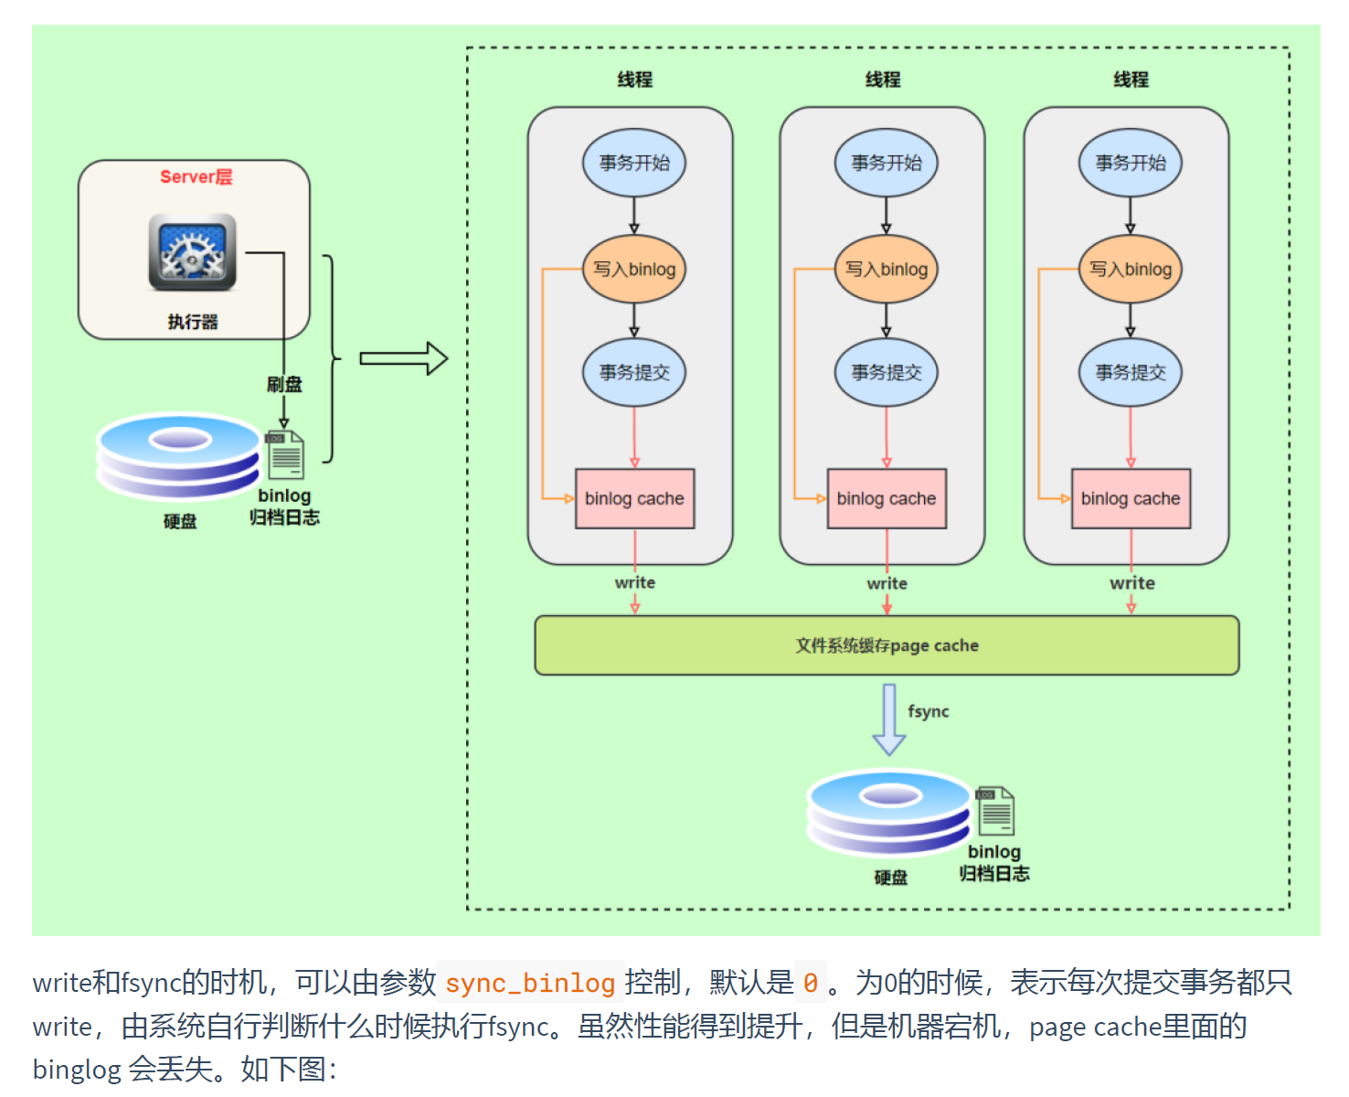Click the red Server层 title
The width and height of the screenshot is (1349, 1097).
point(196,176)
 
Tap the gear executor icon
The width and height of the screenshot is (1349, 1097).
point(193,252)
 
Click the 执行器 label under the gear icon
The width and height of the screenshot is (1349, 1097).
point(193,322)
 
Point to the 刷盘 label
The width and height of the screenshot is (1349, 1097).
point(284,384)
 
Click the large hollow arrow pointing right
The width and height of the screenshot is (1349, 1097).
point(403,358)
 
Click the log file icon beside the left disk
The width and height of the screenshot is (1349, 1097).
point(285,454)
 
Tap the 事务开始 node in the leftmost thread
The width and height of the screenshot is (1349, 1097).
point(634,163)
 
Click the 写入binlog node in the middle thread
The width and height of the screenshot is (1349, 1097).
point(886,269)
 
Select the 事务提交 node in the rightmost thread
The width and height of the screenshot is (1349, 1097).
point(1131,372)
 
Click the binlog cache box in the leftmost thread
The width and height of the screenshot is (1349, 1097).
point(634,498)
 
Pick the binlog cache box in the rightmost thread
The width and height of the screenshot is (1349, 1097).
point(1131,498)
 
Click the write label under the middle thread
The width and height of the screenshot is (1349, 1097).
point(887,583)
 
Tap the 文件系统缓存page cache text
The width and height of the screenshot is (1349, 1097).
point(887,645)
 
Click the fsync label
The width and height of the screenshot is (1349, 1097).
point(928,711)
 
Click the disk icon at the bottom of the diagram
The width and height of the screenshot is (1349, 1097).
point(889,813)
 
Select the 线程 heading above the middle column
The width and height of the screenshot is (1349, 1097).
point(883,80)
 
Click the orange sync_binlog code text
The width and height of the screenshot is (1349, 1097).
point(530,983)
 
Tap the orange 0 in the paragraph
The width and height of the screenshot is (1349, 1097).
point(811,983)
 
